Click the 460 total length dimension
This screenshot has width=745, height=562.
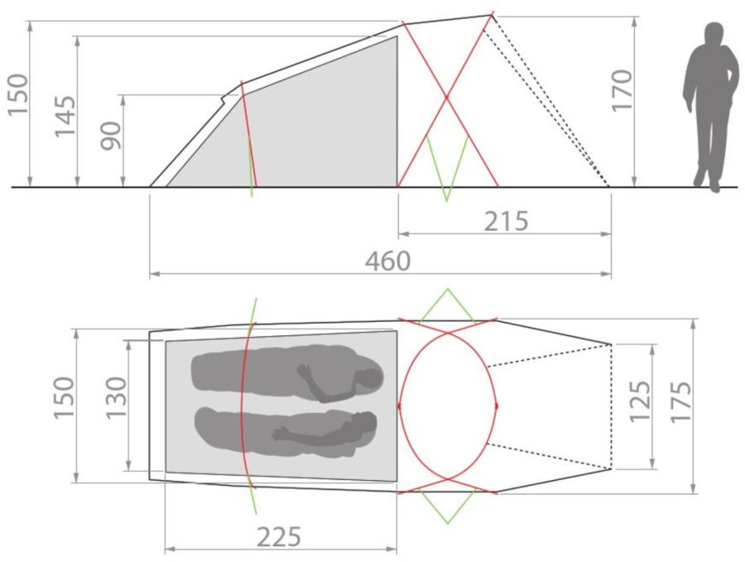[387, 261]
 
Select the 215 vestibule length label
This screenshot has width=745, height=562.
[505, 221]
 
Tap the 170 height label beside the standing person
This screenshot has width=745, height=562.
[622, 90]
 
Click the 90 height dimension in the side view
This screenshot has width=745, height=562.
[111, 135]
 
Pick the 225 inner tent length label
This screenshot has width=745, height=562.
[278, 537]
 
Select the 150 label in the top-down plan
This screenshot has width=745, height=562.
[63, 398]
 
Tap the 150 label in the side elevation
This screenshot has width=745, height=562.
[17, 95]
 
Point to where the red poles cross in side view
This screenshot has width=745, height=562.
[447, 98]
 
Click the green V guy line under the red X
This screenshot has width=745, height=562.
[447, 170]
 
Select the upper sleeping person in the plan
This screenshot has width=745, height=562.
[286, 373]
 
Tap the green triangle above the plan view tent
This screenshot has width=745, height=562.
[447, 306]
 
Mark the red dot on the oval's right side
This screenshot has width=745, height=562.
[497, 406]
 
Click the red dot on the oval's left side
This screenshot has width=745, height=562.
[399, 406]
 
